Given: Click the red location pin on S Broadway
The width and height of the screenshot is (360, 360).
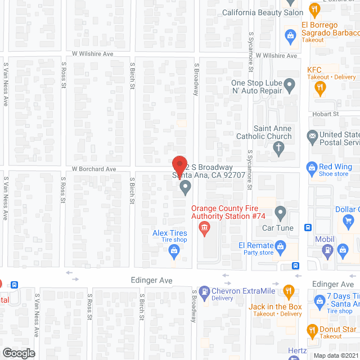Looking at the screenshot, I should (179, 165).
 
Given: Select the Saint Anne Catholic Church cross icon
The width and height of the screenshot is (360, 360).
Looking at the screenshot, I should (277, 148).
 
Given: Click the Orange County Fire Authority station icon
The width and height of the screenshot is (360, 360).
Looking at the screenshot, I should (204, 227).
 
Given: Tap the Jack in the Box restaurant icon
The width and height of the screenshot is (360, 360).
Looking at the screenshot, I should (289, 291).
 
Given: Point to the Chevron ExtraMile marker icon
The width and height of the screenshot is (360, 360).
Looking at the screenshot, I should (204, 291).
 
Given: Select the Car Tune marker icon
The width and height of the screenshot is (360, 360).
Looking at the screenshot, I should (280, 213).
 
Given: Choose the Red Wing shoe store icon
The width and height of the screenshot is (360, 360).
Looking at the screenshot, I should (311, 167).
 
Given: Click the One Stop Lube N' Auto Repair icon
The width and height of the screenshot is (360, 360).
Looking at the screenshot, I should (289, 86).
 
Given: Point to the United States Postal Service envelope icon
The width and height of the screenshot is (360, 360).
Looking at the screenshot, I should (312, 136).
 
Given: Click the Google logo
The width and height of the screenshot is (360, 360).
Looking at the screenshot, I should (19, 353).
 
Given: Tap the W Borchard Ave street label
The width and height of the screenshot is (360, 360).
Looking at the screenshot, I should (93, 169).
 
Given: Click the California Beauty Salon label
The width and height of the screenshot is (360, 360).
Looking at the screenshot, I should (263, 12).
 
